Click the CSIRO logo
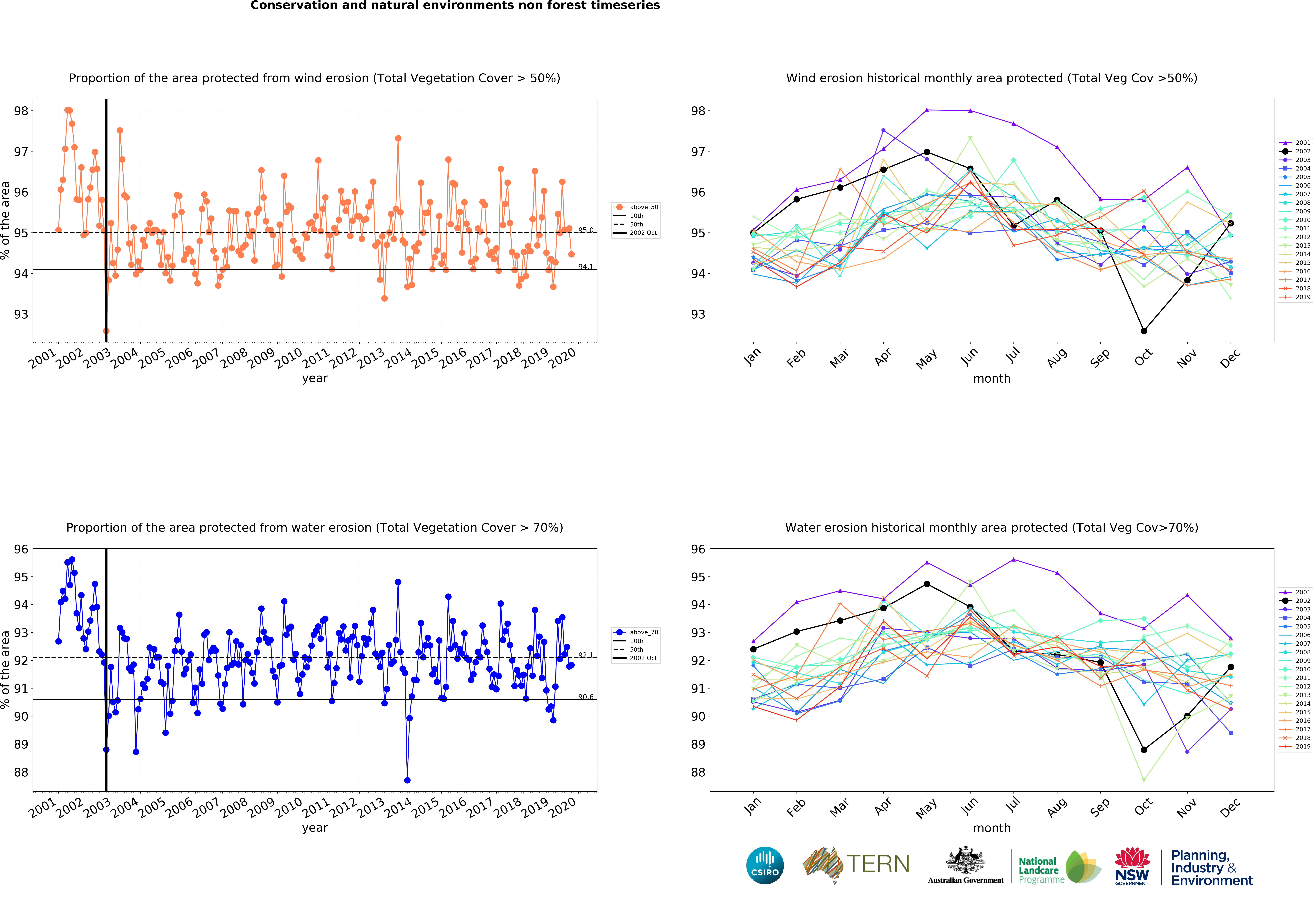pyautogui.click(x=765, y=865)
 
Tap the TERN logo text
pyautogui.click(x=878, y=864)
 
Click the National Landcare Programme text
pyautogui.click(x=1041, y=870)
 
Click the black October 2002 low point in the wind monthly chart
pyautogui.click(x=1144, y=331)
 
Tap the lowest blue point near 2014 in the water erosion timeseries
pyautogui.click(x=407, y=780)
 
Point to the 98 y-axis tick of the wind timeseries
pyautogui.click(x=21, y=111)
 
